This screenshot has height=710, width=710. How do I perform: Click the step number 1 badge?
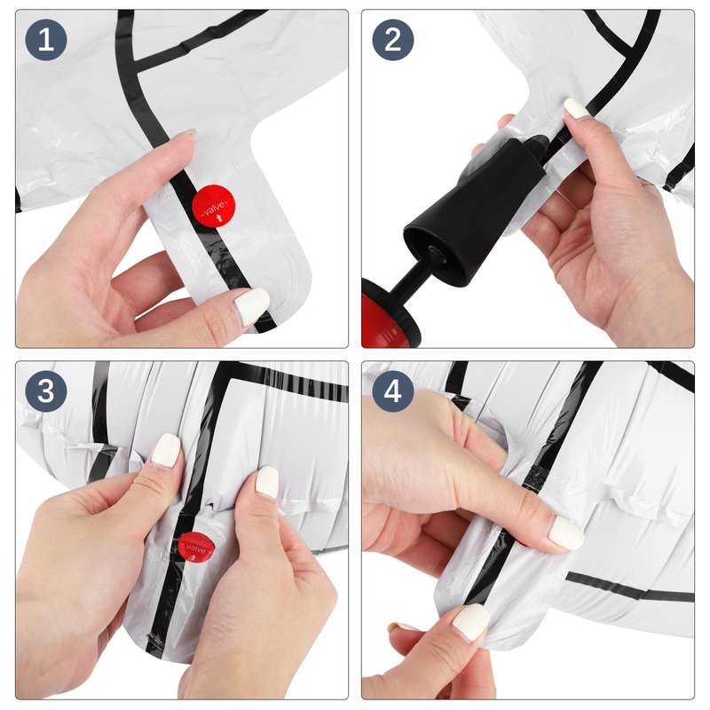46,40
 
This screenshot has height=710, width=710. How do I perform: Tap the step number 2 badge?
392,40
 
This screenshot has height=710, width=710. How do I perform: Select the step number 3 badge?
46,390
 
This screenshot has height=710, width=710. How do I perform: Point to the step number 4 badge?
392,390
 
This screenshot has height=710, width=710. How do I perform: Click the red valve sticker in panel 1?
214,207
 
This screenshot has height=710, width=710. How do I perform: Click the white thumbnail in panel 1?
252,305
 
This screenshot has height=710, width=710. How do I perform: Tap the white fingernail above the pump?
575,108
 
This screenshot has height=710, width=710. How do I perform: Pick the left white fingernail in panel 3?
166,449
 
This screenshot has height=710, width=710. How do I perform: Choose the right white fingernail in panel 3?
267,481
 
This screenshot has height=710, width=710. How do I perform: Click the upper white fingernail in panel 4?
566,533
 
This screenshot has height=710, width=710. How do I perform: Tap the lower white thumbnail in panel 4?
472,622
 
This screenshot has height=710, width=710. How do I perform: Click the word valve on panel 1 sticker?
213,209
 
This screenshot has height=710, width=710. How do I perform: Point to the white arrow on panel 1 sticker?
220,219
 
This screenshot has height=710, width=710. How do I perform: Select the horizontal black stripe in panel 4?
629,587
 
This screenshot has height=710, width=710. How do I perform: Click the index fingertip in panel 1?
185,137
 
